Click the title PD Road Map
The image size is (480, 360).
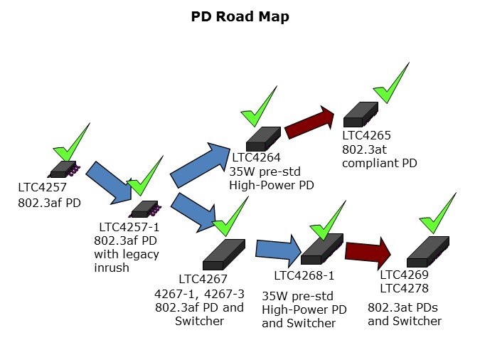[x=240, y=16]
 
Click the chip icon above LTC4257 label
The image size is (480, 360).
[x=64, y=169]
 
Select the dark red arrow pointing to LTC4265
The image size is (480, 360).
[x=311, y=122]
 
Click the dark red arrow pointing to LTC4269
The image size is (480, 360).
[x=368, y=251]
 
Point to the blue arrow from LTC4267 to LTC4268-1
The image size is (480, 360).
[x=278, y=249]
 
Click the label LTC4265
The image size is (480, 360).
[x=366, y=135]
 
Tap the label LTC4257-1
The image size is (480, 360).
[x=129, y=227]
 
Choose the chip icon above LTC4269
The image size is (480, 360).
[x=427, y=251]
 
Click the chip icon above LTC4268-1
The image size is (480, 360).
[x=322, y=250]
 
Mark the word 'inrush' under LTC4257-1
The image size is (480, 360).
[x=112, y=268]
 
